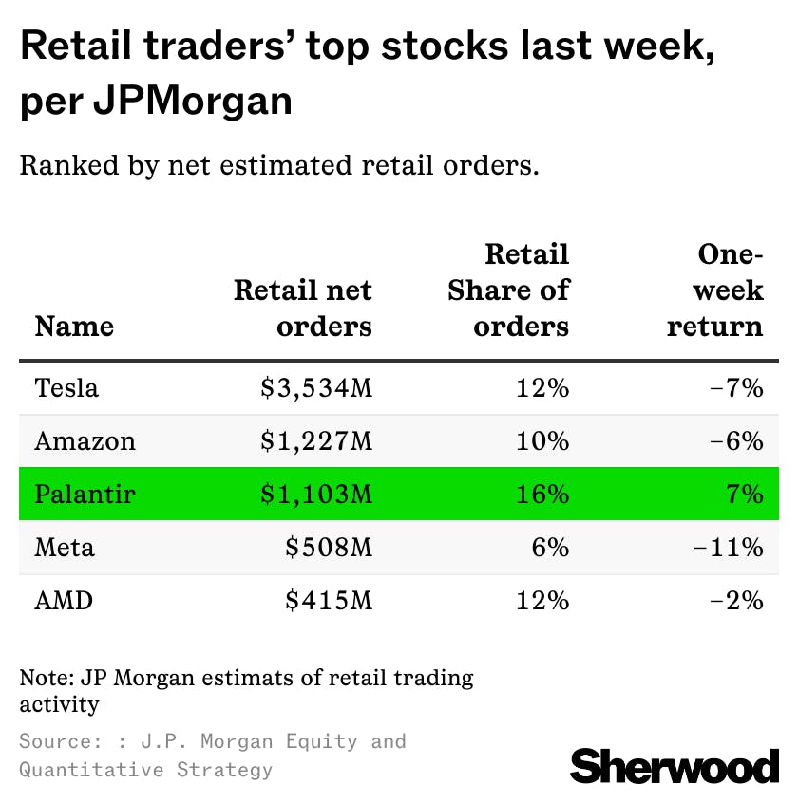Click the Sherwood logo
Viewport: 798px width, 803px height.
pos(674,765)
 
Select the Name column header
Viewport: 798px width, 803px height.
pos(74,327)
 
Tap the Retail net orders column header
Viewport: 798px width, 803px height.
pos(303,308)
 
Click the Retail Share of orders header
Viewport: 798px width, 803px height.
pos(508,290)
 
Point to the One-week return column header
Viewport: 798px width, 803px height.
pos(715,290)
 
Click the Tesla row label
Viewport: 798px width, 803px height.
pos(66,387)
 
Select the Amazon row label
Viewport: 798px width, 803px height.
pos(85,440)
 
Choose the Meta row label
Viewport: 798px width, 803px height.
pos(65,548)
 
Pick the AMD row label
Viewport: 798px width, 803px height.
pos(64,601)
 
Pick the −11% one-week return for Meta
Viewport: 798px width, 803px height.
pos(733,548)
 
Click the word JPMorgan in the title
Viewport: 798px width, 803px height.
pos(193,101)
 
